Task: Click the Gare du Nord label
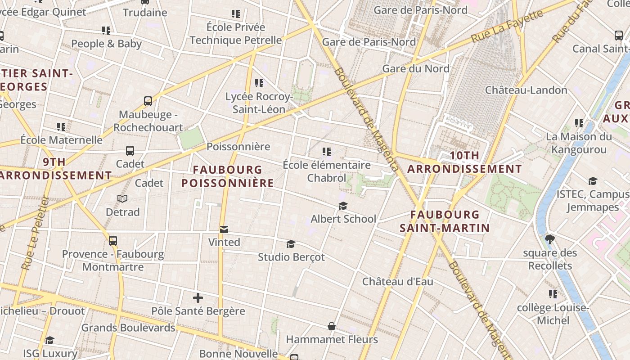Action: pos(415,68)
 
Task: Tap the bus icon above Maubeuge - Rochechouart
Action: pos(148,101)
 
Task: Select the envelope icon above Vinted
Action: pos(224,229)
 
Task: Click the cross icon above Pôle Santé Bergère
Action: pos(198,298)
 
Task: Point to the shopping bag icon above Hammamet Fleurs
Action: pos(332,326)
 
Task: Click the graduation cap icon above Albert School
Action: pos(343,206)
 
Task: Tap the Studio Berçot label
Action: pos(291,257)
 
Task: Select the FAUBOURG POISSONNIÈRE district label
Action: pos(227,176)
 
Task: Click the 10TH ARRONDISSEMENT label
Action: pos(464,162)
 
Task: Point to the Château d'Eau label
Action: pos(398,282)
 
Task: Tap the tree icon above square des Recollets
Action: pos(549,239)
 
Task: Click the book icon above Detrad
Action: pos(122,198)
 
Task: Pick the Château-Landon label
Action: pos(526,90)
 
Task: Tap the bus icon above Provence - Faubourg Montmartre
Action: pos(113,241)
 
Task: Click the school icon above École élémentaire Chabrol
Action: pos(327,152)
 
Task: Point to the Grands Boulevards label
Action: pos(128,328)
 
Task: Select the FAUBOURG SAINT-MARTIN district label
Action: pos(445,221)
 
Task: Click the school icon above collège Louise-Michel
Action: pos(553,294)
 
